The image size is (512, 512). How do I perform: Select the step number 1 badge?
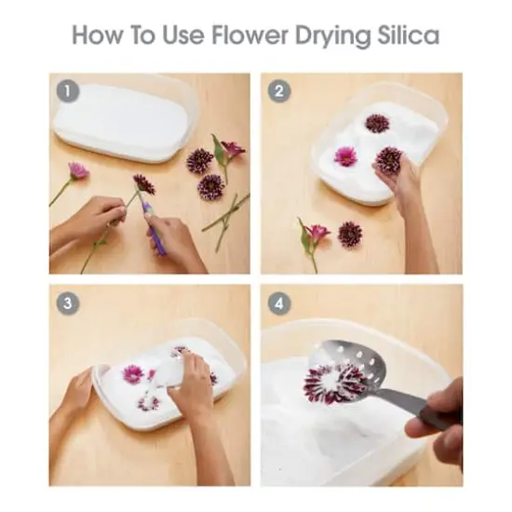pos(67,90)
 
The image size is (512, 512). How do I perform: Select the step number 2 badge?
pos(278,91)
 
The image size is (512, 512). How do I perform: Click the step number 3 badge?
pos(67,303)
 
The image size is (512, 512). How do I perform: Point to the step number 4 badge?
pos(278,303)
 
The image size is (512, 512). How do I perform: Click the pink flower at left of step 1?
pos(78,170)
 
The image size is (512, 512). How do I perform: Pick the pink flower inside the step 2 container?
pos(345,156)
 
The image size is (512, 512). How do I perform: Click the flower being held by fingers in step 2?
pos(388,160)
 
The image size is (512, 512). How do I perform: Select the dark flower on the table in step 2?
pos(350,234)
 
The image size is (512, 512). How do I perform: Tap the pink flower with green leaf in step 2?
pos(317,233)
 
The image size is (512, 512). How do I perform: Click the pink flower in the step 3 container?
pos(133,373)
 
